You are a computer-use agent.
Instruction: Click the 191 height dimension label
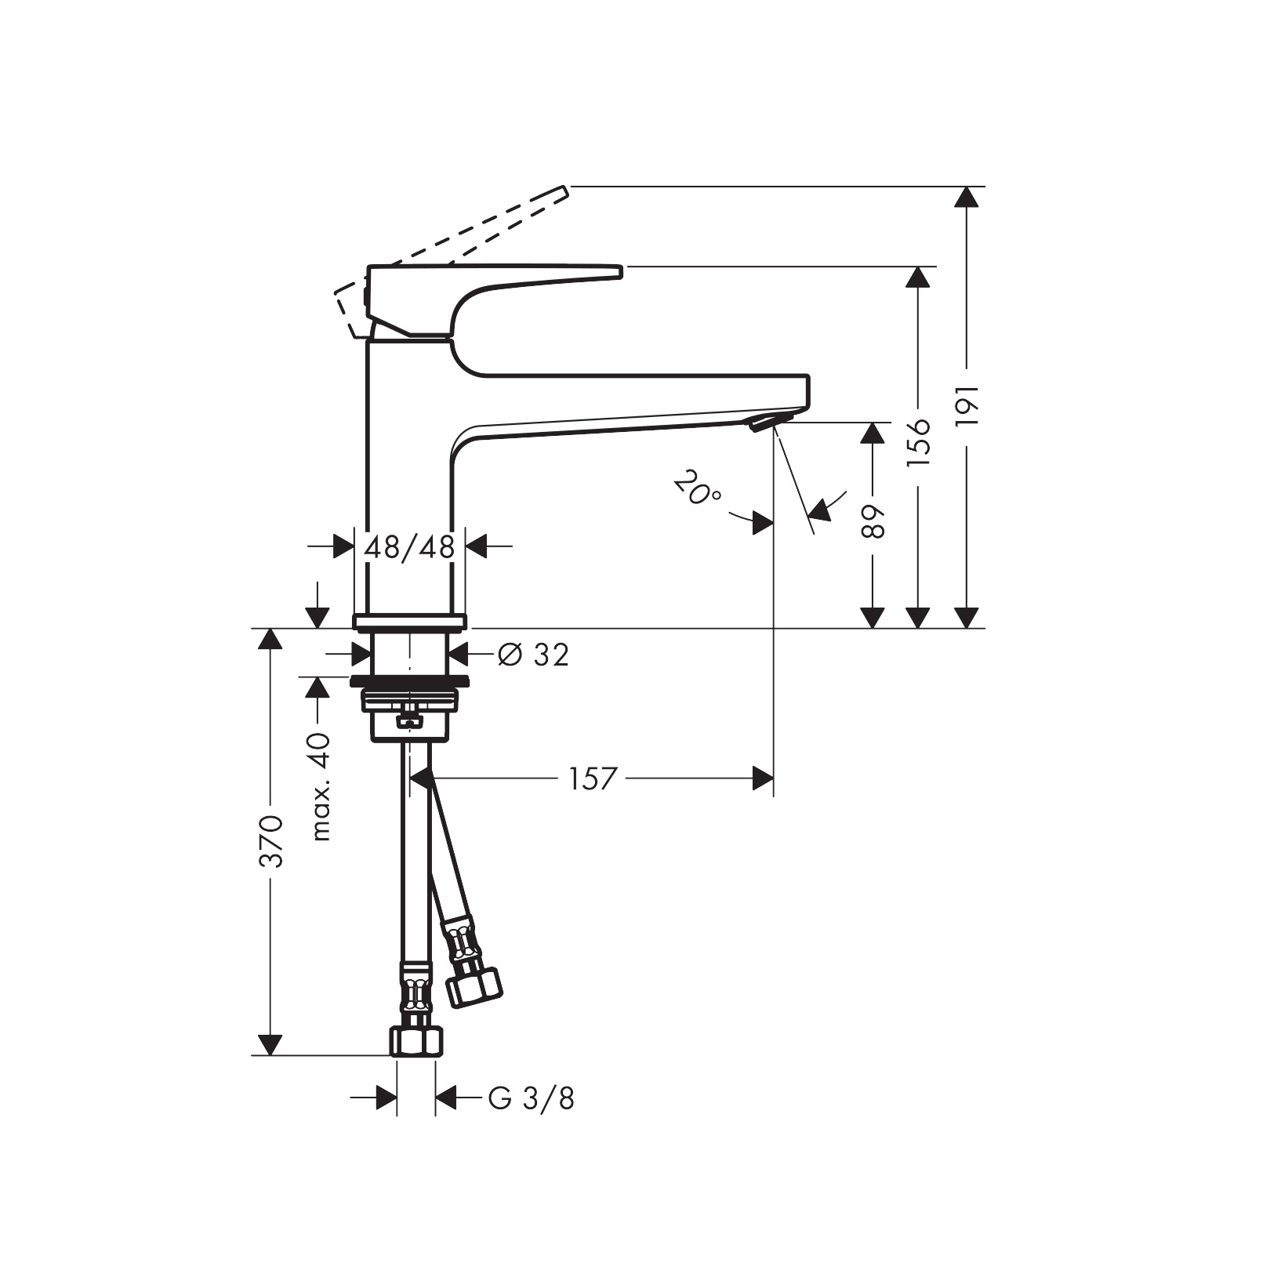969,405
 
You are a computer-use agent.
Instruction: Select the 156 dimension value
918,442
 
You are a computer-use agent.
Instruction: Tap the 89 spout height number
873,521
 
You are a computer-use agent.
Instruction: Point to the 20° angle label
697,488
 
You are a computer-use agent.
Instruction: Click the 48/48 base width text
409,546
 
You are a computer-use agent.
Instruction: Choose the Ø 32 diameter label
534,655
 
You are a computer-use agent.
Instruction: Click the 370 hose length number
271,841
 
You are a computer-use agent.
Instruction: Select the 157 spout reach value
593,778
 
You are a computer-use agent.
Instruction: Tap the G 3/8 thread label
531,1098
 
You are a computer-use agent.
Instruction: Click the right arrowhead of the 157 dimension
763,778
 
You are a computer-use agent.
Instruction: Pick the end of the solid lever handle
618,272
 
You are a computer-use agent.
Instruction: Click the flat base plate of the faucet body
409,622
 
